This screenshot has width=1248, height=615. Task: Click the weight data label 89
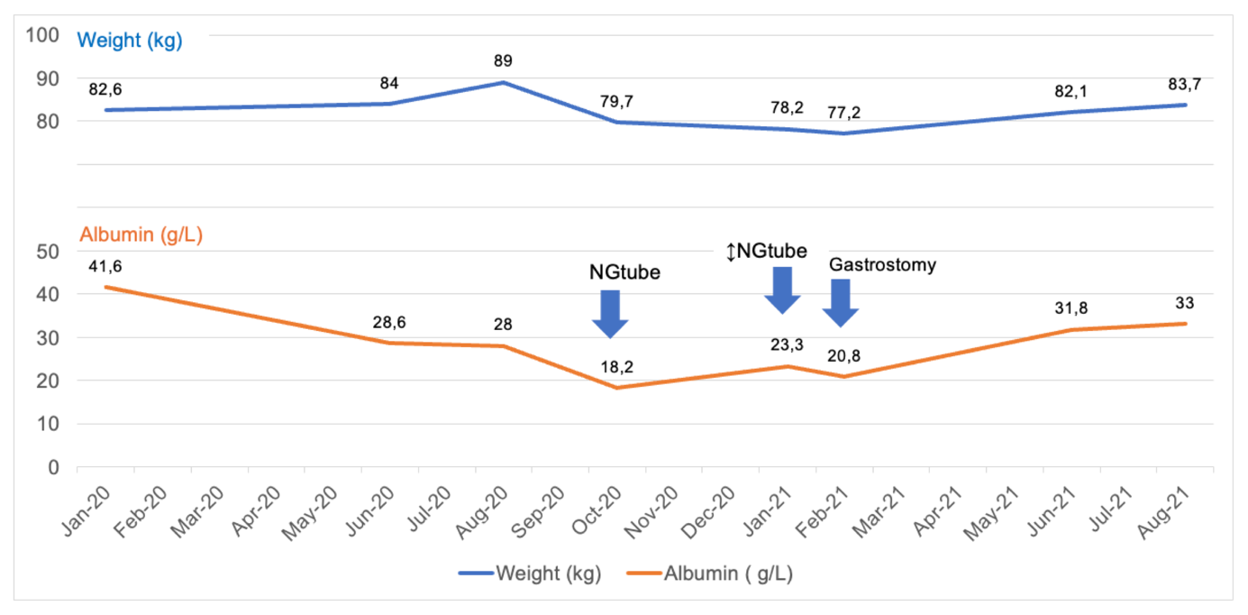(x=504, y=61)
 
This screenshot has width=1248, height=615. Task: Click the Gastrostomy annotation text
(x=882, y=265)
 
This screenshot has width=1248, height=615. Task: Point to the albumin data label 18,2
(x=616, y=367)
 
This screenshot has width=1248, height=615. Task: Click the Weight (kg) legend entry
(x=529, y=574)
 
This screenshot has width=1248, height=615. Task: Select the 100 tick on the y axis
(x=43, y=35)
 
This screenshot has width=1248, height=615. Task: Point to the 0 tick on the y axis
(x=53, y=467)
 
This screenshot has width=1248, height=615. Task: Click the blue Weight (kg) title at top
(x=130, y=41)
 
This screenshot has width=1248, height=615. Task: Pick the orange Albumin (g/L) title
(x=141, y=235)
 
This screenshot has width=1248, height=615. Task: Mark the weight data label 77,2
(x=844, y=113)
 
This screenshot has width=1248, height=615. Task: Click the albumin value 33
(x=1186, y=304)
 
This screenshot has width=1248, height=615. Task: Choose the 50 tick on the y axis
(x=48, y=251)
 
